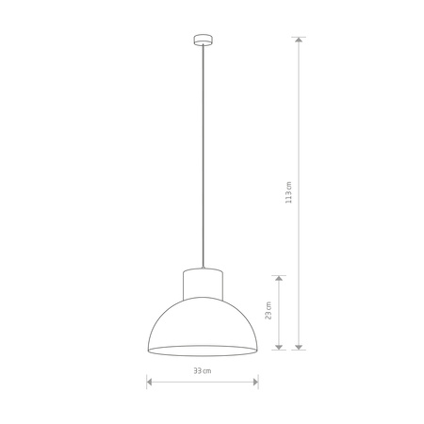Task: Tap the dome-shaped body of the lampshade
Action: [202, 320]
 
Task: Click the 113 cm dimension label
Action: [290, 193]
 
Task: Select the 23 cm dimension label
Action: [269, 310]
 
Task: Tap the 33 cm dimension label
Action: [202, 371]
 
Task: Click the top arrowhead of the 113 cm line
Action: [300, 41]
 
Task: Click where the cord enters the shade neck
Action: [202, 268]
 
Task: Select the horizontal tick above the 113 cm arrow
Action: [300, 37]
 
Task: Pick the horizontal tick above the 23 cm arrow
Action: [279, 274]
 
